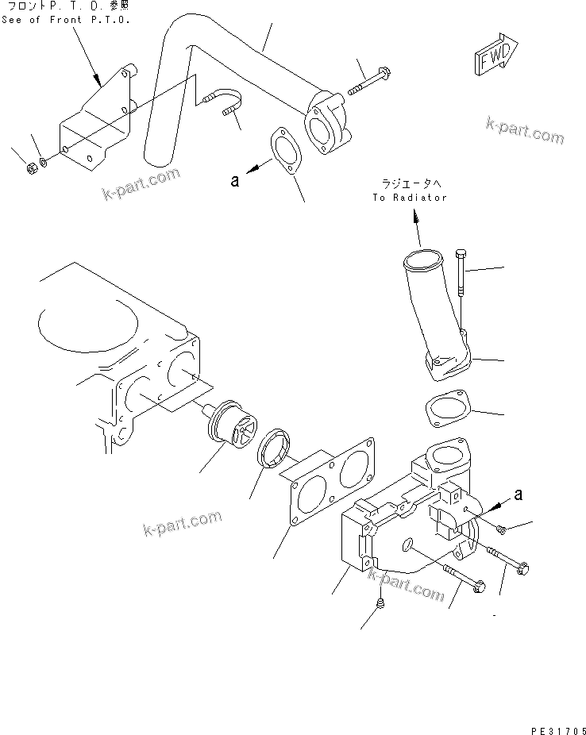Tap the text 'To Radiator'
pos(409,198)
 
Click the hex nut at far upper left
pos(29,168)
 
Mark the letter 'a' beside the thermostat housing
pos(519,494)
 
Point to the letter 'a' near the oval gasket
pos(234,180)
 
